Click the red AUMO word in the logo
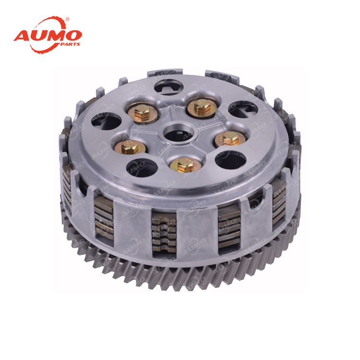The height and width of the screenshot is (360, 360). (x=48, y=36)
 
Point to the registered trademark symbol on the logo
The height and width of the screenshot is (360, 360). (x=67, y=19)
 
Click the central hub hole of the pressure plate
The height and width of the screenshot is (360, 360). (x=179, y=133)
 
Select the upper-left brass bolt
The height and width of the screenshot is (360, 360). (x=143, y=112)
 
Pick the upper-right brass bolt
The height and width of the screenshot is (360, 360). (x=202, y=107)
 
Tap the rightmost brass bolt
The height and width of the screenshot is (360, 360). (x=230, y=138)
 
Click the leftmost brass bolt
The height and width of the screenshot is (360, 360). (x=130, y=147)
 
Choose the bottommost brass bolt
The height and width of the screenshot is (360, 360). (x=186, y=164)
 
